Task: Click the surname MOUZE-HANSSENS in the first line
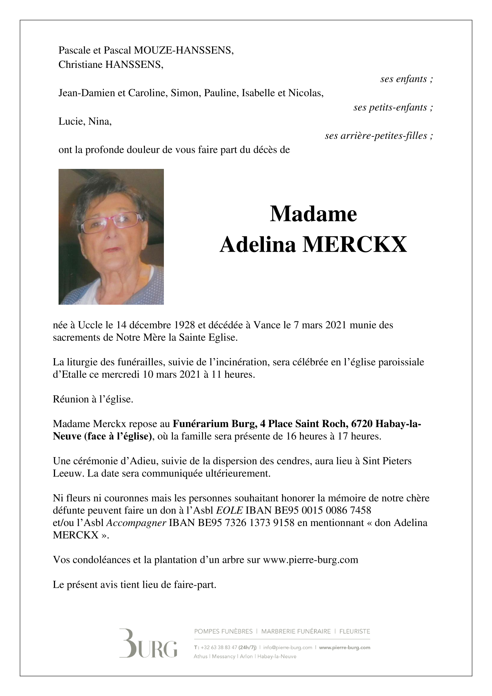pyautogui.click(x=184, y=50)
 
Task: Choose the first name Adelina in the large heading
pyautogui.click(x=258, y=245)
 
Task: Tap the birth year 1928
pyautogui.click(x=185, y=325)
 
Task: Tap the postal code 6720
pyautogui.click(x=362, y=424)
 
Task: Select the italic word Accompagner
pyautogui.click(x=136, y=522)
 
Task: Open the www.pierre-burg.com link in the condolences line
pyautogui.click(x=310, y=560)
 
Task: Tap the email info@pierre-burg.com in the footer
pyautogui.click(x=287, y=647)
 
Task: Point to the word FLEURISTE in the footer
pyautogui.click(x=355, y=631)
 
